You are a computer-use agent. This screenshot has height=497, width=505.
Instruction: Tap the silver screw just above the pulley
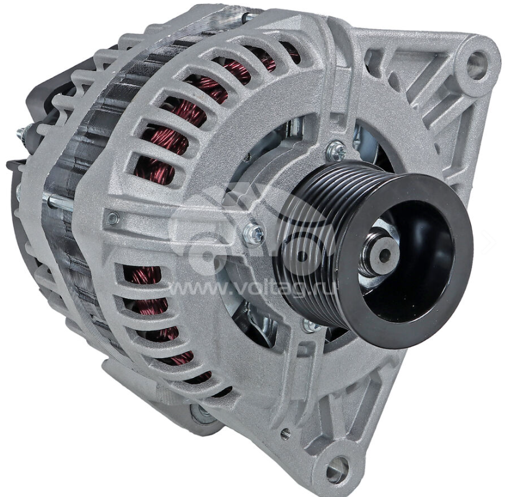pos(335,150)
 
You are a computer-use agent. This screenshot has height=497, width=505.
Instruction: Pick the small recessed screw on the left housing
pos(112,218)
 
